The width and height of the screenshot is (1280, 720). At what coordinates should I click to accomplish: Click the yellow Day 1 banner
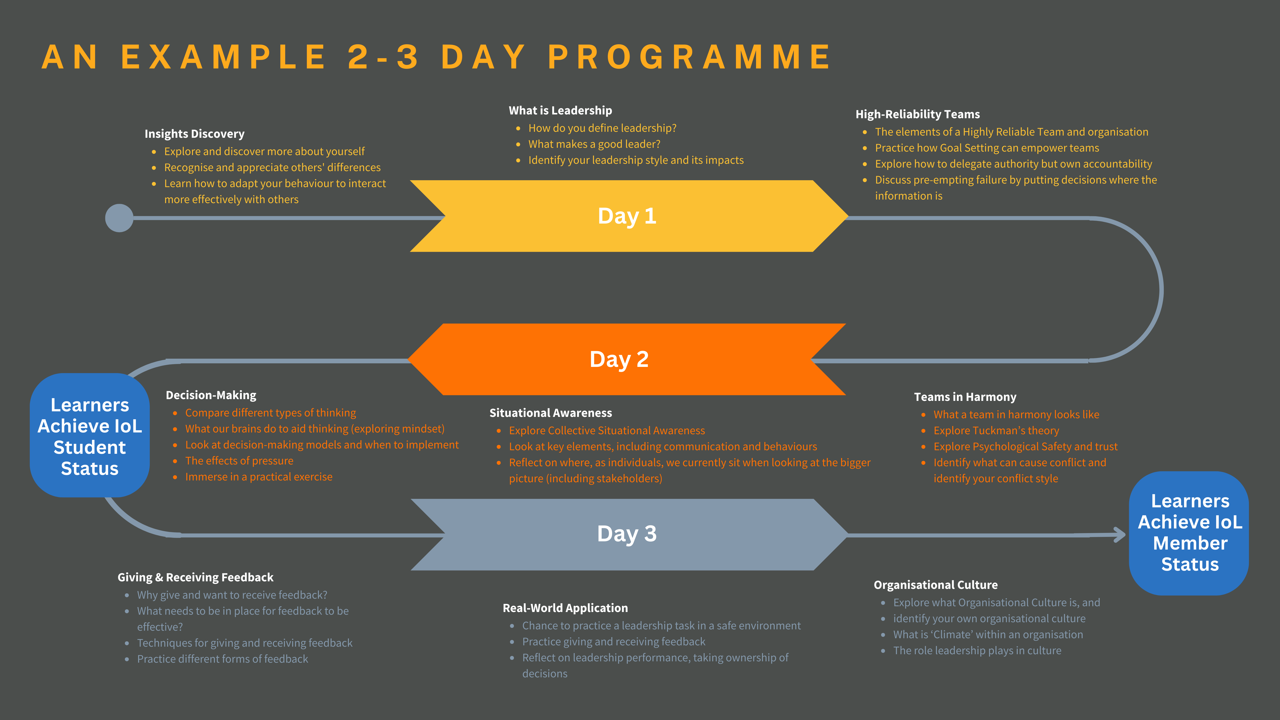tap(627, 216)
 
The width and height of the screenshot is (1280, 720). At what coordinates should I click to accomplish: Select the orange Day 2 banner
tap(619, 359)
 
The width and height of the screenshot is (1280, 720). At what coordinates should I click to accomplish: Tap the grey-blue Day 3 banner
tap(627, 534)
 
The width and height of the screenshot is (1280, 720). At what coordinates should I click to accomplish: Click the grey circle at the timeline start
tap(119, 218)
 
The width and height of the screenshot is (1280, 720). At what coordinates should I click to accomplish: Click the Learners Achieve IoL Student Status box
tap(90, 436)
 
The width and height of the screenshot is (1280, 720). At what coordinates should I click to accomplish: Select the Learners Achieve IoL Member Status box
tap(1190, 533)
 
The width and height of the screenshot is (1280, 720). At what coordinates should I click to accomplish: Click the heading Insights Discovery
tap(194, 134)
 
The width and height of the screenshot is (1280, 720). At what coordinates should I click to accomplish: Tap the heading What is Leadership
tap(560, 110)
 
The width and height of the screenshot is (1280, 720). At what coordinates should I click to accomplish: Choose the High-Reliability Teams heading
tap(917, 114)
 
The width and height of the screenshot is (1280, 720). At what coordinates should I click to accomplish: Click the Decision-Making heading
tap(211, 395)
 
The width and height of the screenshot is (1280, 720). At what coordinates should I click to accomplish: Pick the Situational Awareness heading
tap(551, 413)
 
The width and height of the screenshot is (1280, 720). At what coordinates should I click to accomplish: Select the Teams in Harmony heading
tap(965, 397)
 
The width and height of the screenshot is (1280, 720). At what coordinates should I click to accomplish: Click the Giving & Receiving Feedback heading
tap(195, 577)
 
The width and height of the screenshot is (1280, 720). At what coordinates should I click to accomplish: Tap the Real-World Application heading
tap(565, 608)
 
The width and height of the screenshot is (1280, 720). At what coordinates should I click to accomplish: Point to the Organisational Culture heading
tap(935, 585)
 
